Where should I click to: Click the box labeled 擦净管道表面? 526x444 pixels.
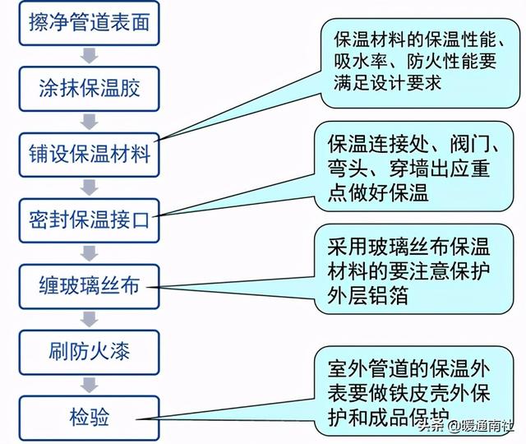(x=89, y=23)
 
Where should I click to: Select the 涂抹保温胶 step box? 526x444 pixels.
(x=89, y=89)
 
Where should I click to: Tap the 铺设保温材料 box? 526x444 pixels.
(x=89, y=155)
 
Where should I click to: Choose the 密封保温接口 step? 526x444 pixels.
(x=89, y=220)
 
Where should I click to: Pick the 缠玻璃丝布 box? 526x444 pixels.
(x=89, y=286)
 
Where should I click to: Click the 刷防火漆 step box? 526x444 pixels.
(x=89, y=352)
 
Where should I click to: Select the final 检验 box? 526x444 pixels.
(x=89, y=418)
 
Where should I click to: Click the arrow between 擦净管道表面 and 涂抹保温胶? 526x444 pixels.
(x=90, y=56)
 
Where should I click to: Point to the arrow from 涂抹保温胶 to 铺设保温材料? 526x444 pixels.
(x=90, y=122)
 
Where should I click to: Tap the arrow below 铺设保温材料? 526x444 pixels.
(x=90, y=187)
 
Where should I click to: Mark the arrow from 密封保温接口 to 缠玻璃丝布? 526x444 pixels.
(x=90, y=253)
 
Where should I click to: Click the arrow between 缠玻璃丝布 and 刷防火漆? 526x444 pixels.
(x=90, y=319)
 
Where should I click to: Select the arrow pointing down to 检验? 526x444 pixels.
(x=90, y=385)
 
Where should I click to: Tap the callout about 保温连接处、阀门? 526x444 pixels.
(x=413, y=166)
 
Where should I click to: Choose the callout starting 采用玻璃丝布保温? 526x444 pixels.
(x=413, y=269)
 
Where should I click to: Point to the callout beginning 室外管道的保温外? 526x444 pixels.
(x=413, y=391)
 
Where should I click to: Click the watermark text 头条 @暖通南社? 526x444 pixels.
(x=466, y=426)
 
